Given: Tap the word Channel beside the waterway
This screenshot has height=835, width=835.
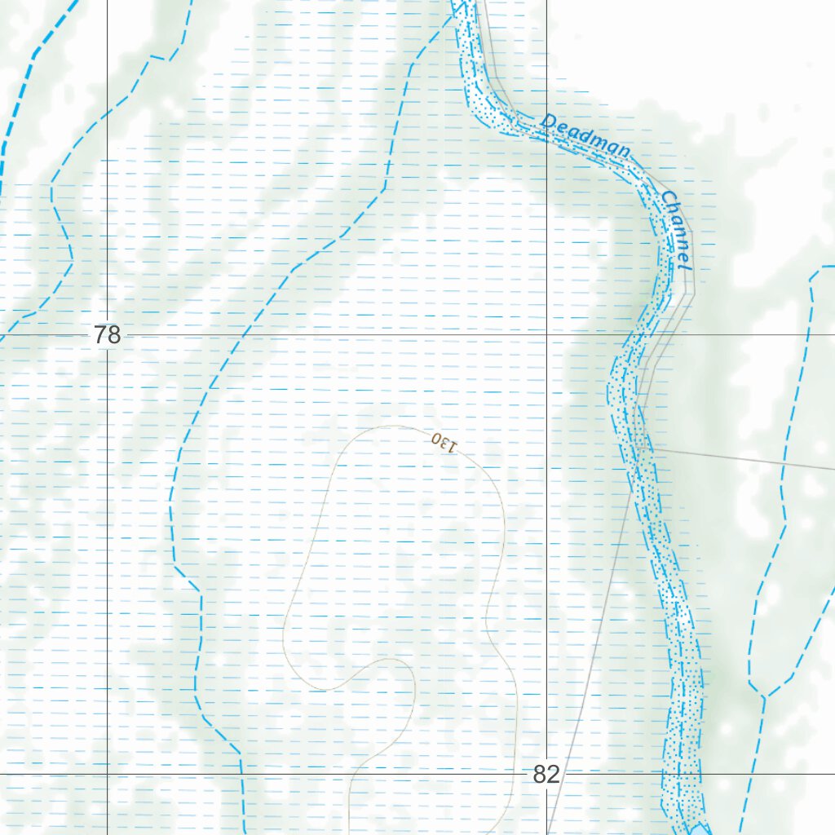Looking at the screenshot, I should (677, 231).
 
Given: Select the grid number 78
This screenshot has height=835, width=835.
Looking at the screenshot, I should (107, 335).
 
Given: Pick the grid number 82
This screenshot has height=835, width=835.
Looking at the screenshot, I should (546, 775).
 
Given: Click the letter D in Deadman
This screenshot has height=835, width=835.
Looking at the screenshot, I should (548, 121).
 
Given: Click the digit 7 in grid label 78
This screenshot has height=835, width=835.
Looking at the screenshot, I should (100, 335).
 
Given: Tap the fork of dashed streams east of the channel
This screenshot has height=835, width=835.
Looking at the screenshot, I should (764, 697).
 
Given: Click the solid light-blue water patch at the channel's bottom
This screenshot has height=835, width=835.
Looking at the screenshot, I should (700, 829).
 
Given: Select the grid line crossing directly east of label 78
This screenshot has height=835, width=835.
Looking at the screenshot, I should (546, 334).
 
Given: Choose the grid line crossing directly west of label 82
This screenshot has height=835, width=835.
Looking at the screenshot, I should (108, 773).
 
